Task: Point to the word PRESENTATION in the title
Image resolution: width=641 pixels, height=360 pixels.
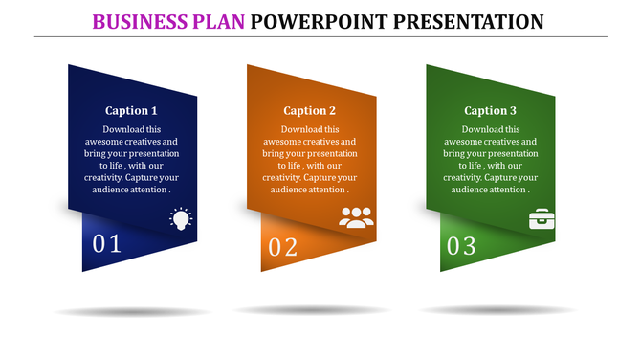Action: (467, 20)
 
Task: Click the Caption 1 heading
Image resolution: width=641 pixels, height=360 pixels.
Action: (132, 110)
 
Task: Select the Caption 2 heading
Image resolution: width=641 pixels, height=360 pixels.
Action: (310, 110)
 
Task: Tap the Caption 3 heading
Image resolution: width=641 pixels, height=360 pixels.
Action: (490, 110)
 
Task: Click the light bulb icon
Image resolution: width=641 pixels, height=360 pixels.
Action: (181, 218)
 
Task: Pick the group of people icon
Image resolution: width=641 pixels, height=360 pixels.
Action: (356, 217)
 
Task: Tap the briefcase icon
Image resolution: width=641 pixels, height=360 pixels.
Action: (542, 218)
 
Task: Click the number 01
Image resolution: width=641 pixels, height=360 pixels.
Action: (107, 244)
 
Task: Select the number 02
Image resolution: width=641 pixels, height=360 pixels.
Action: (283, 247)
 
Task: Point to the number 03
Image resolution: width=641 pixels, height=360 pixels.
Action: (461, 246)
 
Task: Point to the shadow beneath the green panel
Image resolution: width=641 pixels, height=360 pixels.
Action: (497, 310)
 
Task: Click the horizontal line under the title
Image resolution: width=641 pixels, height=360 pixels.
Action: (320, 36)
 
